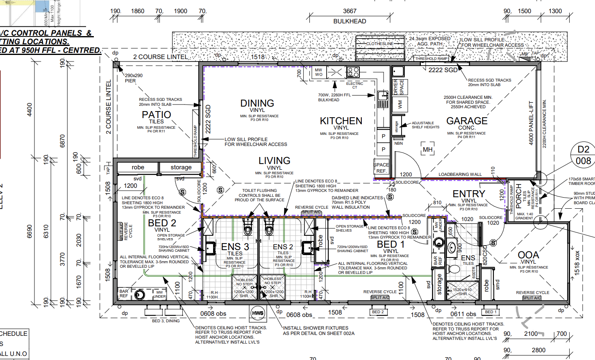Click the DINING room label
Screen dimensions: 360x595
(257, 103)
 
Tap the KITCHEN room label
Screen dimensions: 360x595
(341, 121)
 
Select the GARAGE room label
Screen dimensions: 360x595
(467, 121)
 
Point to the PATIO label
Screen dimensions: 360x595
(156, 115)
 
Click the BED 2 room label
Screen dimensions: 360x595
(162, 223)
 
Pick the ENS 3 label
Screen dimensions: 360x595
(235, 246)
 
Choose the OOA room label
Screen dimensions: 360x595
(528, 255)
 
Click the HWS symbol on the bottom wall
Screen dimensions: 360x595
(258, 313)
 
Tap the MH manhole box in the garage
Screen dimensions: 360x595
(427, 150)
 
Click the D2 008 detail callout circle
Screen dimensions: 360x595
(583, 155)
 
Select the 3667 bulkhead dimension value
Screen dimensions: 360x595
(350, 11)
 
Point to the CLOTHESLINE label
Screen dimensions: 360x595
(379, 43)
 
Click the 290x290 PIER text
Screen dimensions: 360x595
(134, 78)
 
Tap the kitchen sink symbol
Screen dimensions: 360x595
(383, 99)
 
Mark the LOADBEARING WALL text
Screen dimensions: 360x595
(460, 174)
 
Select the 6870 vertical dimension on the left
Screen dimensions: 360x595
(62, 141)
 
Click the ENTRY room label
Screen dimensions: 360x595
(469, 194)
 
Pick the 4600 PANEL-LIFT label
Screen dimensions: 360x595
(531, 123)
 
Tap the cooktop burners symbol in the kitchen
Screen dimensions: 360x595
(353, 72)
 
